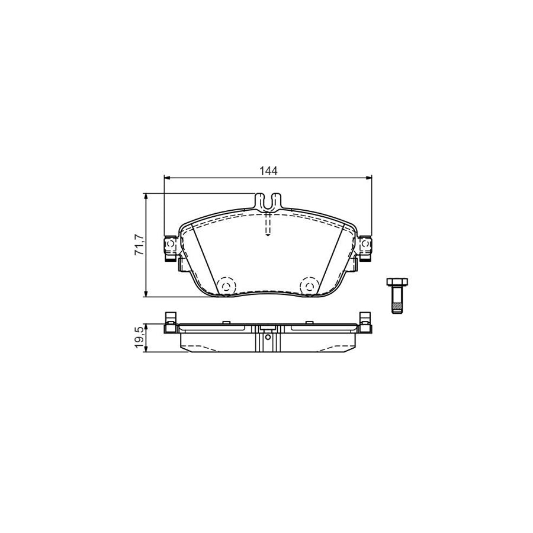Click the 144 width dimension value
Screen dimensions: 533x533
coord(268,171)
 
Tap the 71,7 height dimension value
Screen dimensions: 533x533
coord(139,245)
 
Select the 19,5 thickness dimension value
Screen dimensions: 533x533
coord(139,337)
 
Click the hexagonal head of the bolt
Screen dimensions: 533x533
coord(397,282)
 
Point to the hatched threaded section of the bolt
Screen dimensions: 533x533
coord(397,309)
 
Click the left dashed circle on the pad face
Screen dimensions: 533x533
coord(226,286)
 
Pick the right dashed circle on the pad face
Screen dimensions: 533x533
coord(309,286)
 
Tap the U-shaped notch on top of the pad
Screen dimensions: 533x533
coord(268,202)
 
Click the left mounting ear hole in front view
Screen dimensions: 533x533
coord(170,244)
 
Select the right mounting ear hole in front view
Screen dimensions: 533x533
coord(366,244)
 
